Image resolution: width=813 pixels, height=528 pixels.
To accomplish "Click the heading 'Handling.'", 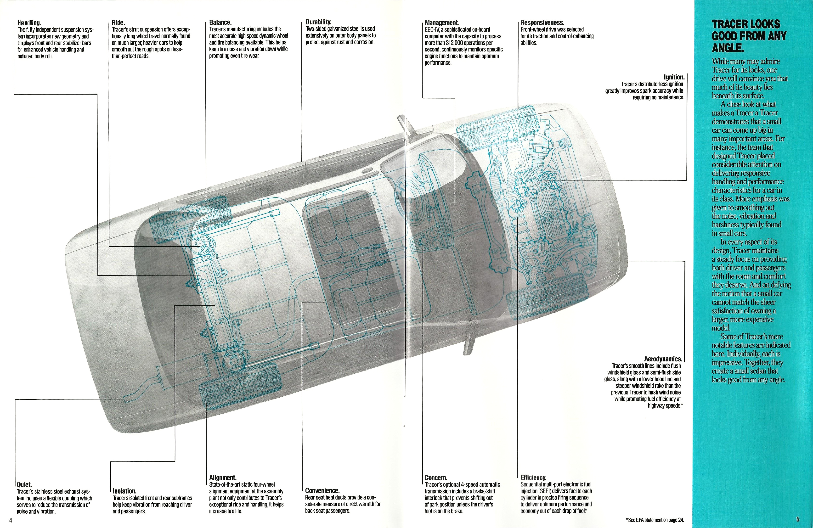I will (x=29, y=23).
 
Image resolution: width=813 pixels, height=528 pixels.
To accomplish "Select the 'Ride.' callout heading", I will (x=118, y=23).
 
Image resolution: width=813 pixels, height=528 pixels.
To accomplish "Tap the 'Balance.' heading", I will (x=220, y=22).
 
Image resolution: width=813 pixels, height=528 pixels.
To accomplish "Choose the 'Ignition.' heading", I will (x=674, y=77).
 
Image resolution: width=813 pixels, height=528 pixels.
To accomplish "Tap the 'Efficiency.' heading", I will (x=533, y=477).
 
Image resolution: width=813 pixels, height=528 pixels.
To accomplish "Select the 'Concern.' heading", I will (x=436, y=478).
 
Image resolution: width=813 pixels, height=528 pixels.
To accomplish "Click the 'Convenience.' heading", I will (x=322, y=491).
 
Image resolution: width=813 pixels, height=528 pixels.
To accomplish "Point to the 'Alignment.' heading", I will (x=223, y=478).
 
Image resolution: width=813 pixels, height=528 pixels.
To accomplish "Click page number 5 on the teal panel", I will (x=798, y=519).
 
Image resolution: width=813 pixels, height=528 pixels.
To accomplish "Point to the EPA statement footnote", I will (x=655, y=520).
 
